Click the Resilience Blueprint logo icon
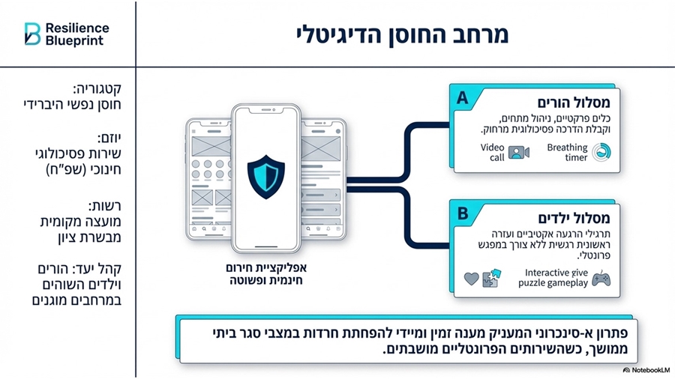[32, 34]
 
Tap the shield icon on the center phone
[265, 177]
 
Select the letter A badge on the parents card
[462, 98]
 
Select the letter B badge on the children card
[463, 213]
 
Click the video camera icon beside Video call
[518, 153]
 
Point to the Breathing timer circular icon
[601, 153]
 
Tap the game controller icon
[601, 279]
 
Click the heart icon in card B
[472, 279]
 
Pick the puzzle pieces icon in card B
[491, 278]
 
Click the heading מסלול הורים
[574, 103]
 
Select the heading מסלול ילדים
[574, 218]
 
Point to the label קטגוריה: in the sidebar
[97, 89]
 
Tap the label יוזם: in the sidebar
[109, 139]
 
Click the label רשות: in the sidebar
[105, 206]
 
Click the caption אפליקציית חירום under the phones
[266, 267]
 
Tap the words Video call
[493, 153]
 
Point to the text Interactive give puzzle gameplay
[553, 278]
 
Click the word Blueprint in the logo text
[74, 41]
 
